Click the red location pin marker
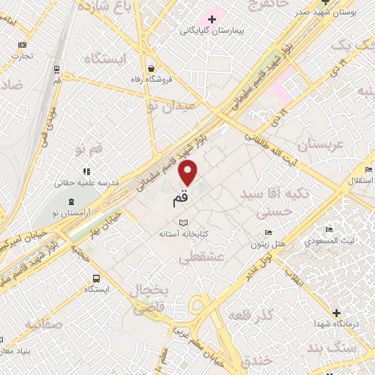[188, 172]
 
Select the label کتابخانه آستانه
[185, 234]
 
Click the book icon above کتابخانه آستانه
[184, 222]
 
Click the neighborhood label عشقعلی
[200, 257]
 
